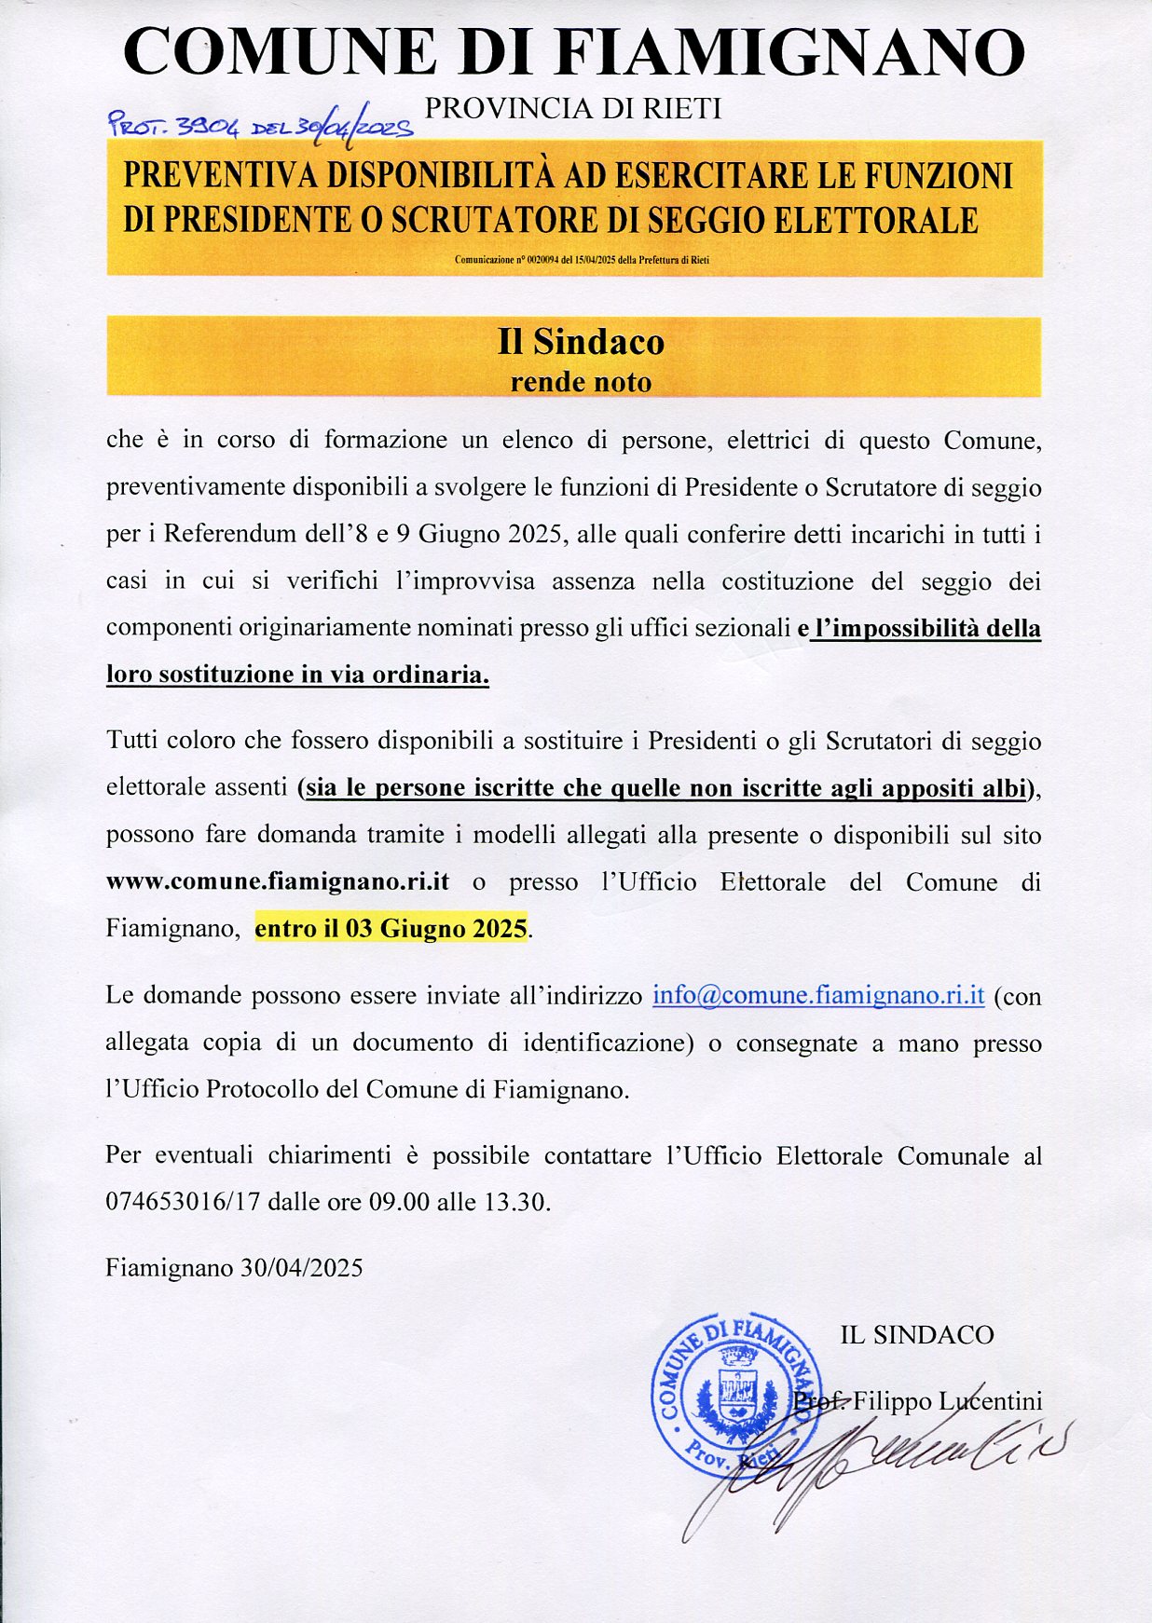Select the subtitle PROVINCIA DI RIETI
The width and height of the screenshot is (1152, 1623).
click(572, 109)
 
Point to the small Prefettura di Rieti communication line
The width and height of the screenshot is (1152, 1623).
click(582, 260)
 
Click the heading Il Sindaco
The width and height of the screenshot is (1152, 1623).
click(581, 342)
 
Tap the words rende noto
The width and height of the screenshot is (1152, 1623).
click(581, 382)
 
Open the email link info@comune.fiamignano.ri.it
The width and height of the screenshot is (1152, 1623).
click(818, 995)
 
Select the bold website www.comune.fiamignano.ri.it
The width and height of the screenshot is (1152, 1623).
click(278, 881)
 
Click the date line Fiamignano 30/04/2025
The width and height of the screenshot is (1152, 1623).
click(234, 1268)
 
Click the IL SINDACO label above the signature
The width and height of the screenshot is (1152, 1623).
click(917, 1335)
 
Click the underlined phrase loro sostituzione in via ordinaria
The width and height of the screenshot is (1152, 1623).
click(297, 675)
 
